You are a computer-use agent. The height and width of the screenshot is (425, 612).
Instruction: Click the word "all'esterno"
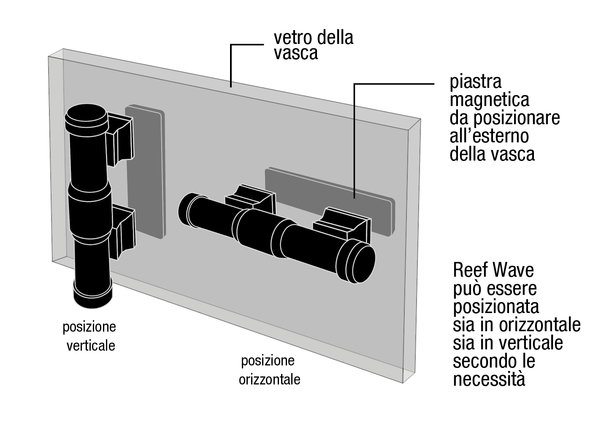point(489,136)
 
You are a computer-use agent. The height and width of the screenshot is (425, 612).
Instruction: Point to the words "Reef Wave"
point(493,270)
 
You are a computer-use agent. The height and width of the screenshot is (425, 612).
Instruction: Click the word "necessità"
point(489,379)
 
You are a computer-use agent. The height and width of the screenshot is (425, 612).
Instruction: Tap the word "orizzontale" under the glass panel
point(269,379)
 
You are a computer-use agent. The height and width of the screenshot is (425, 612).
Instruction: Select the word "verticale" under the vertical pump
point(90,346)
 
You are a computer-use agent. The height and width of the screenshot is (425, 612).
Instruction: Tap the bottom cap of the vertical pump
point(92,296)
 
